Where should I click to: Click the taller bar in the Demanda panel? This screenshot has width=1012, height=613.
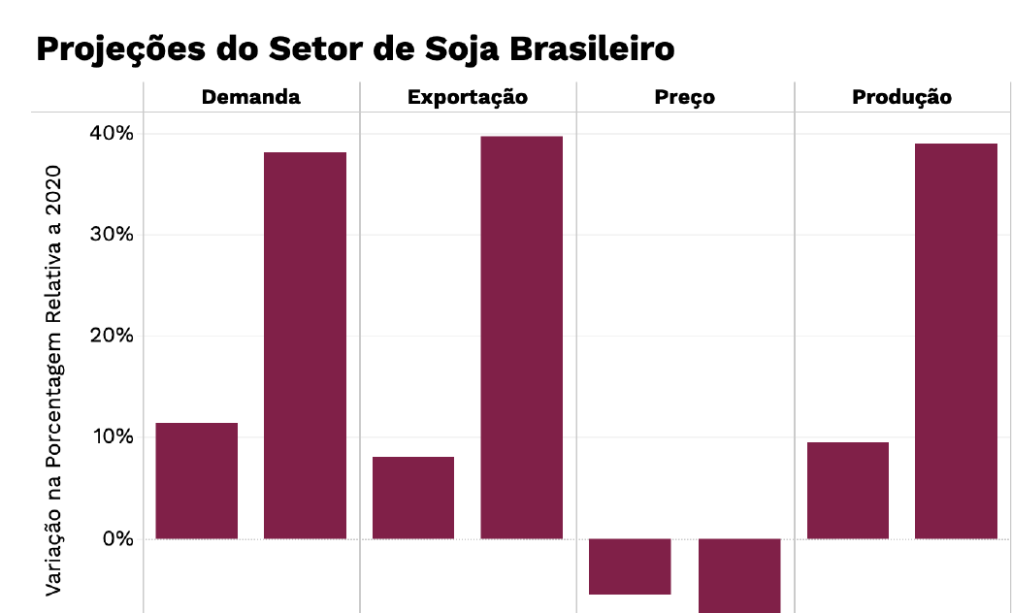pos(305,344)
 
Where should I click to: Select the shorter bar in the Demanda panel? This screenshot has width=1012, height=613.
pos(196,480)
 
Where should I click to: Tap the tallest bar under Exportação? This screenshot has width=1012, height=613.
pos(522,337)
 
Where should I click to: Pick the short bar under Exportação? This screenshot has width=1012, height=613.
pos(413,497)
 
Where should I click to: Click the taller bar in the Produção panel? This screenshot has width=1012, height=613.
pos(957,340)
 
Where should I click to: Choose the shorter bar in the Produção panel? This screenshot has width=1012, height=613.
pos(848,490)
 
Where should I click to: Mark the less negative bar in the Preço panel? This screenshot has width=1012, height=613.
pos(631,566)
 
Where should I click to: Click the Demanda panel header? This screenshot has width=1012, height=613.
pos(250,97)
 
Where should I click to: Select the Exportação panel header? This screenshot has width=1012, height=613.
pos(468,97)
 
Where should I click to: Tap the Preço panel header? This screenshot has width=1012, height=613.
pos(685,97)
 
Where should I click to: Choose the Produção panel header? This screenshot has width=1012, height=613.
pos(902,97)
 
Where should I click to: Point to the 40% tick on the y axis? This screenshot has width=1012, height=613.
pos(114,133)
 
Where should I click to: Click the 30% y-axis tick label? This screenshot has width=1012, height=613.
pos(114,235)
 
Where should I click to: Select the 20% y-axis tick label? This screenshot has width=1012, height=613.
pos(114,336)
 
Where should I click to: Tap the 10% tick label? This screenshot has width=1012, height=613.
pos(114,437)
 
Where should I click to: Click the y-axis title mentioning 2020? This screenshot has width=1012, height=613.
pos(54,378)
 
